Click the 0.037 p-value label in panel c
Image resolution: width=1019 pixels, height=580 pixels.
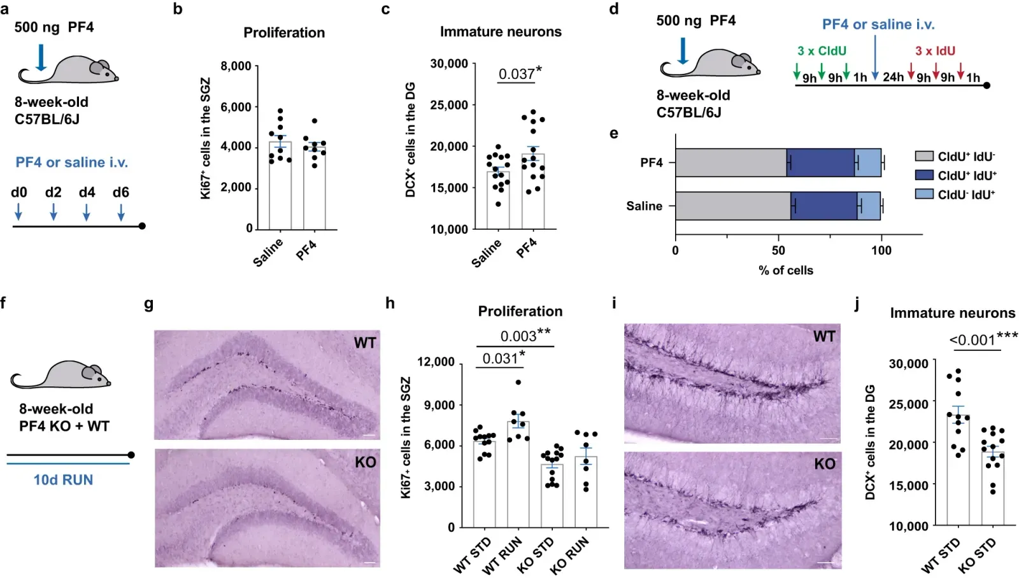(517, 74)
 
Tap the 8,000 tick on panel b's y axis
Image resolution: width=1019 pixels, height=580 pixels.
(236, 66)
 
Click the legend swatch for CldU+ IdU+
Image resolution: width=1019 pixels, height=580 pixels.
(924, 175)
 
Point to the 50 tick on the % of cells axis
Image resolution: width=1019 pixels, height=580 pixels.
(778, 250)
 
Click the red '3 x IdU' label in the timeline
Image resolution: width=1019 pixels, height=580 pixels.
(935, 51)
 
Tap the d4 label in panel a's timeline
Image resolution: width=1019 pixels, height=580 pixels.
(87, 192)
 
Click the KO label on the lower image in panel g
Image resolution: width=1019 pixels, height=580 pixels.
(365, 462)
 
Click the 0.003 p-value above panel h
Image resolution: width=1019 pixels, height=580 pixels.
(518, 336)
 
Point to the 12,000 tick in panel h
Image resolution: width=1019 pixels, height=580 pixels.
(436, 362)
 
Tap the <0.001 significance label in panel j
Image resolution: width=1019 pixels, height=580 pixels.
(973, 340)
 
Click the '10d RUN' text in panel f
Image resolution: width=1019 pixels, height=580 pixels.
(63, 480)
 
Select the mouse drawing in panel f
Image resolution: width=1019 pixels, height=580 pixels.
(61, 375)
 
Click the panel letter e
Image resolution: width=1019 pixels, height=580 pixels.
(614, 133)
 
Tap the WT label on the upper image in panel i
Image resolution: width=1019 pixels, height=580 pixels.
(824, 336)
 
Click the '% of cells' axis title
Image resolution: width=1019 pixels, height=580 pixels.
(785, 270)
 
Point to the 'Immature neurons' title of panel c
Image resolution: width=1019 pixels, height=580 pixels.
(501, 32)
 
